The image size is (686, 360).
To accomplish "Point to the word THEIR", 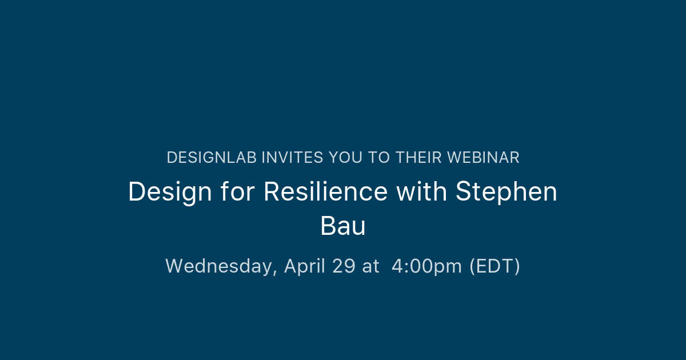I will click(x=418, y=158).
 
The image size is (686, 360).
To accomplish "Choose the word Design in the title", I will click(x=170, y=191).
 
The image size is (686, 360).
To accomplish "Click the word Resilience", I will click(x=325, y=191).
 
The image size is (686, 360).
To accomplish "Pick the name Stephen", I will click(x=506, y=193).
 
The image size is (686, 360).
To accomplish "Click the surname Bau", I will click(x=343, y=226).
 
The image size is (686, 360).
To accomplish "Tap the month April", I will click(x=305, y=266).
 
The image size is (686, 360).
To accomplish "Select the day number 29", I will click(x=344, y=266).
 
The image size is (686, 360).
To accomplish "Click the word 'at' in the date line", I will click(x=370, y=266).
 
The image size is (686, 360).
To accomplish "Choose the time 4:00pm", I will click(x=426, y=266).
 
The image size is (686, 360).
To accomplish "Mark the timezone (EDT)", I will click(x=494, y=266).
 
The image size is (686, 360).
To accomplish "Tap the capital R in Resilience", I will click(x=272, y=191).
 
